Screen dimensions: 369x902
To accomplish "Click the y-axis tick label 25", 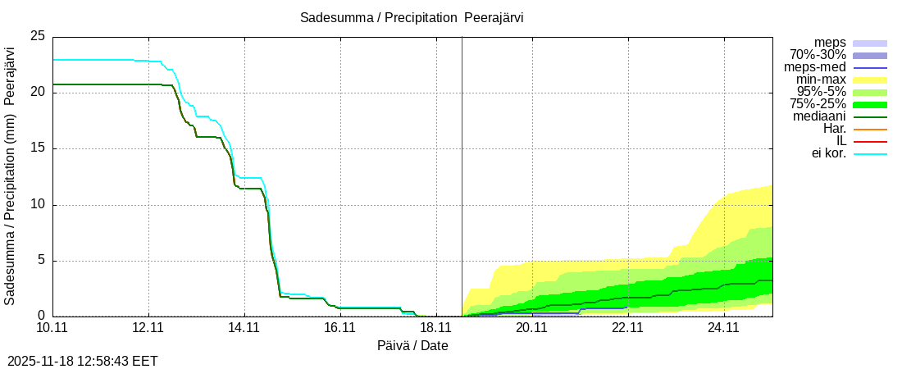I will click(x=38, y=36).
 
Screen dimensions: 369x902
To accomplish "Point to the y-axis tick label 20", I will click(x=38, y=93).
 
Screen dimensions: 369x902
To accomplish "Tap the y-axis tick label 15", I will click(x=38, y=148).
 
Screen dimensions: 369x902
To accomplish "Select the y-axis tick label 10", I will click(x=38, y=205).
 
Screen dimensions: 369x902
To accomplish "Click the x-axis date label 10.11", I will click(x=52, y=328).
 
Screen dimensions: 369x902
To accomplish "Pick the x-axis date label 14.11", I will click(x=244, y=328).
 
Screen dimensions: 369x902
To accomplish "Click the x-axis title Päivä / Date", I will click(x=412, y=346).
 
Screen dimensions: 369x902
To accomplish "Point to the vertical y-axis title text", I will click(x=11, y=175).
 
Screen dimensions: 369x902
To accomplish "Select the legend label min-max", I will click(x=821, y=80).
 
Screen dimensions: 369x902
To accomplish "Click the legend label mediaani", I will click(x=819, y=116).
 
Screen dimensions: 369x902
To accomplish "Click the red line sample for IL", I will click(x=870, y=142).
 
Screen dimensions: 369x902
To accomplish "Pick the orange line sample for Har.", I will click(x=870, y=130).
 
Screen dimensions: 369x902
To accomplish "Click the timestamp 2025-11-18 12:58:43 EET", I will click(x=83, y=361).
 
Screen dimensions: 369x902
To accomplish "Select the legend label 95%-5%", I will click(x=822, y=92).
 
